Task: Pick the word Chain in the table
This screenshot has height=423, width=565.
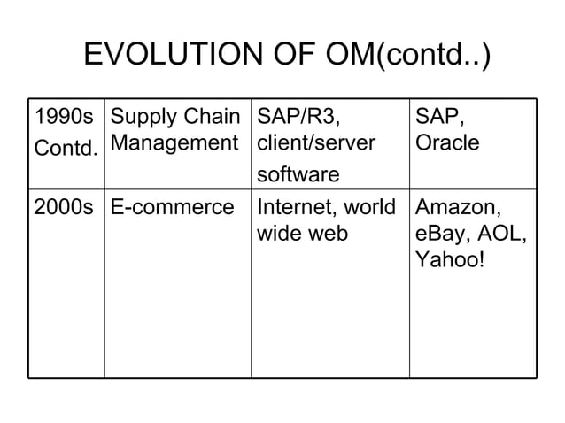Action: pyautogui.click(x=215, y=116)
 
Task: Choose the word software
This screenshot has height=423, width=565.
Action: pyautogui.click(x=298, y=174)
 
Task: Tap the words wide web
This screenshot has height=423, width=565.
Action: pyautogui.click(x=301, y=235)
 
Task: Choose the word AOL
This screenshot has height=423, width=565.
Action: pyautogui.click(x=501, y=235)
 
